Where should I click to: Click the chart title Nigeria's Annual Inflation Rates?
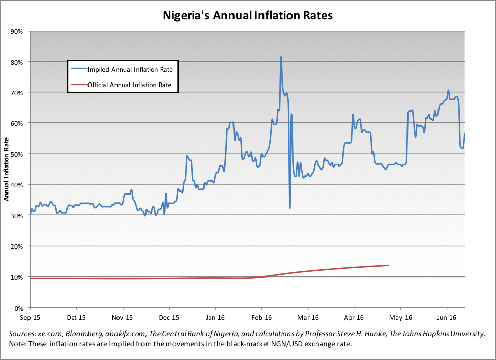(x=248, y=16)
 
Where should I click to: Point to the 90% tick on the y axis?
(x=17, y=31)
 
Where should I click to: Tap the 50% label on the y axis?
(x=17, y=154)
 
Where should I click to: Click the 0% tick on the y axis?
(x=19, y=308)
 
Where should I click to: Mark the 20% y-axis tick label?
(x=17, y=246)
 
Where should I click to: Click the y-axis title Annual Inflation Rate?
(x=7, y=170)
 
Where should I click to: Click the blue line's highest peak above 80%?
(x=281, y=57)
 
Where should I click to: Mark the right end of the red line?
(x=389, y=265)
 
